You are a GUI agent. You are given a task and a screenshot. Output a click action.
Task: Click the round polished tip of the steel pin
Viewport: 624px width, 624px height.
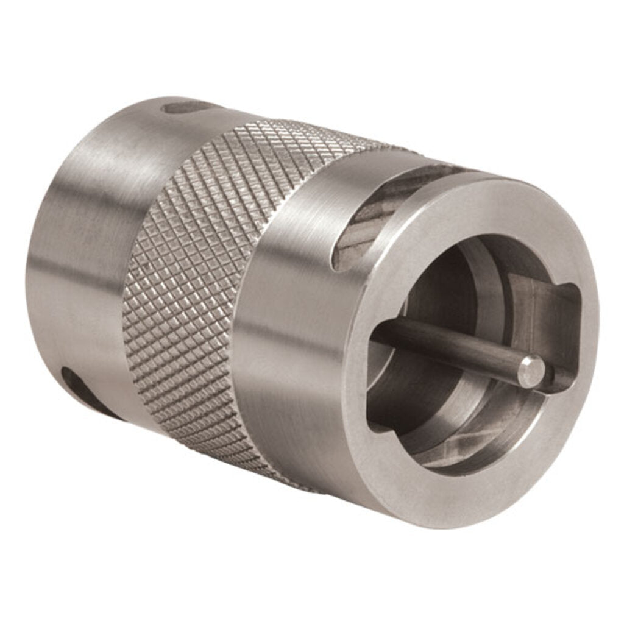531,371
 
